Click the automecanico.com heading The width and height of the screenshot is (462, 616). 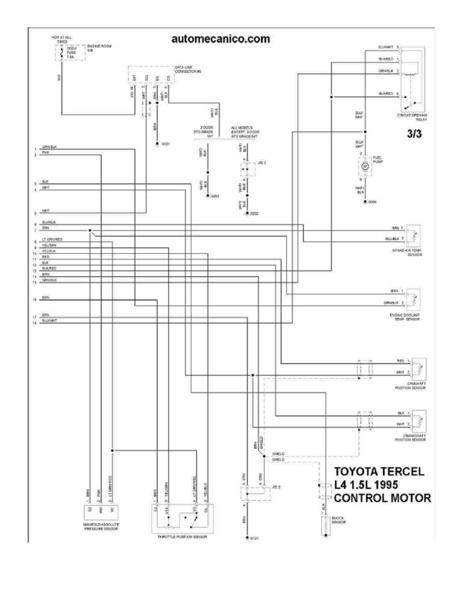pos(220,39)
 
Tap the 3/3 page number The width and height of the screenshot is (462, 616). pos(414,135)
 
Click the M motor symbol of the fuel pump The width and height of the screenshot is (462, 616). pos(364,165)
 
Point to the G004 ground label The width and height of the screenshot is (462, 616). pos(373,202)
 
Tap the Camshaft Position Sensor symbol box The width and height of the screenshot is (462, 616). pos(419,366)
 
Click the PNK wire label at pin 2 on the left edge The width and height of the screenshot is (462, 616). pos(45,153)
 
